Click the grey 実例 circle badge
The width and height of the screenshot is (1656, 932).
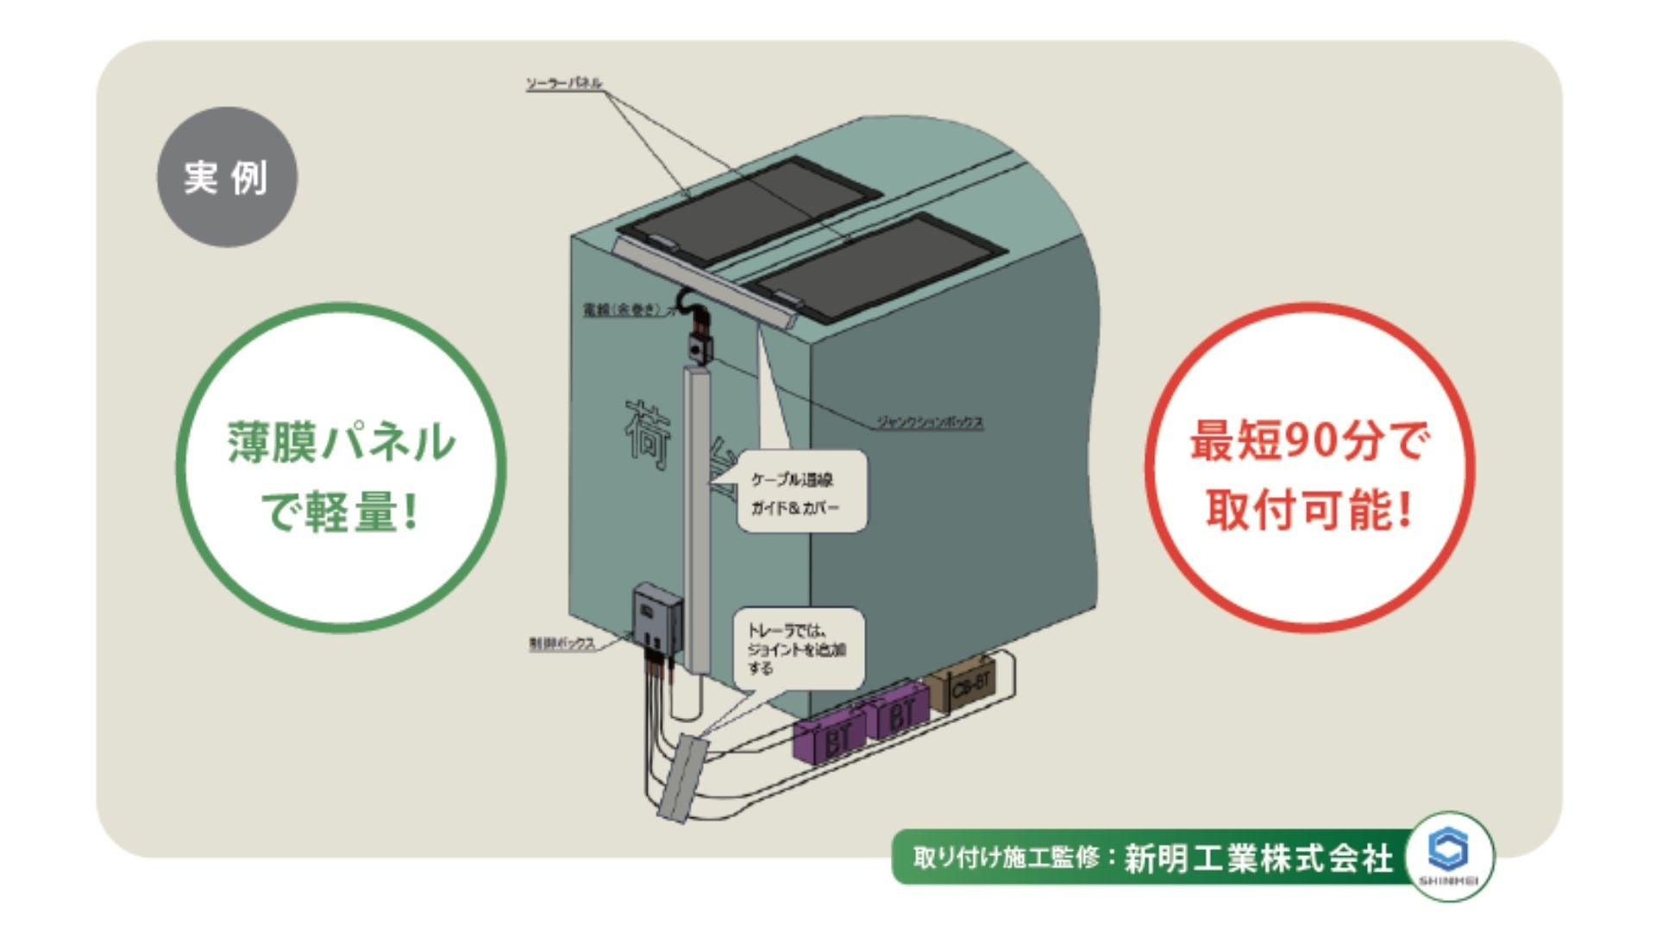[x=226, y=177]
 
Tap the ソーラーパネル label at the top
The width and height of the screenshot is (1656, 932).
[x=564, y=84]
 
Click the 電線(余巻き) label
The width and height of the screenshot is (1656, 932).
[x=622, y=309]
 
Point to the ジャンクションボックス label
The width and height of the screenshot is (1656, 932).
[x=930, y=422]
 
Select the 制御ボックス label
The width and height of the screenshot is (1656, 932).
[x=561, y=644]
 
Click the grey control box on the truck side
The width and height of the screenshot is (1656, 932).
[x=656, y=615]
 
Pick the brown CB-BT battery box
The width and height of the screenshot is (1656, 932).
[x=964, y=685]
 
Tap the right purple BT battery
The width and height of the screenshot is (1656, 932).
[x=898, y=712]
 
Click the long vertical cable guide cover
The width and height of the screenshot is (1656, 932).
[x=698, y=518]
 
